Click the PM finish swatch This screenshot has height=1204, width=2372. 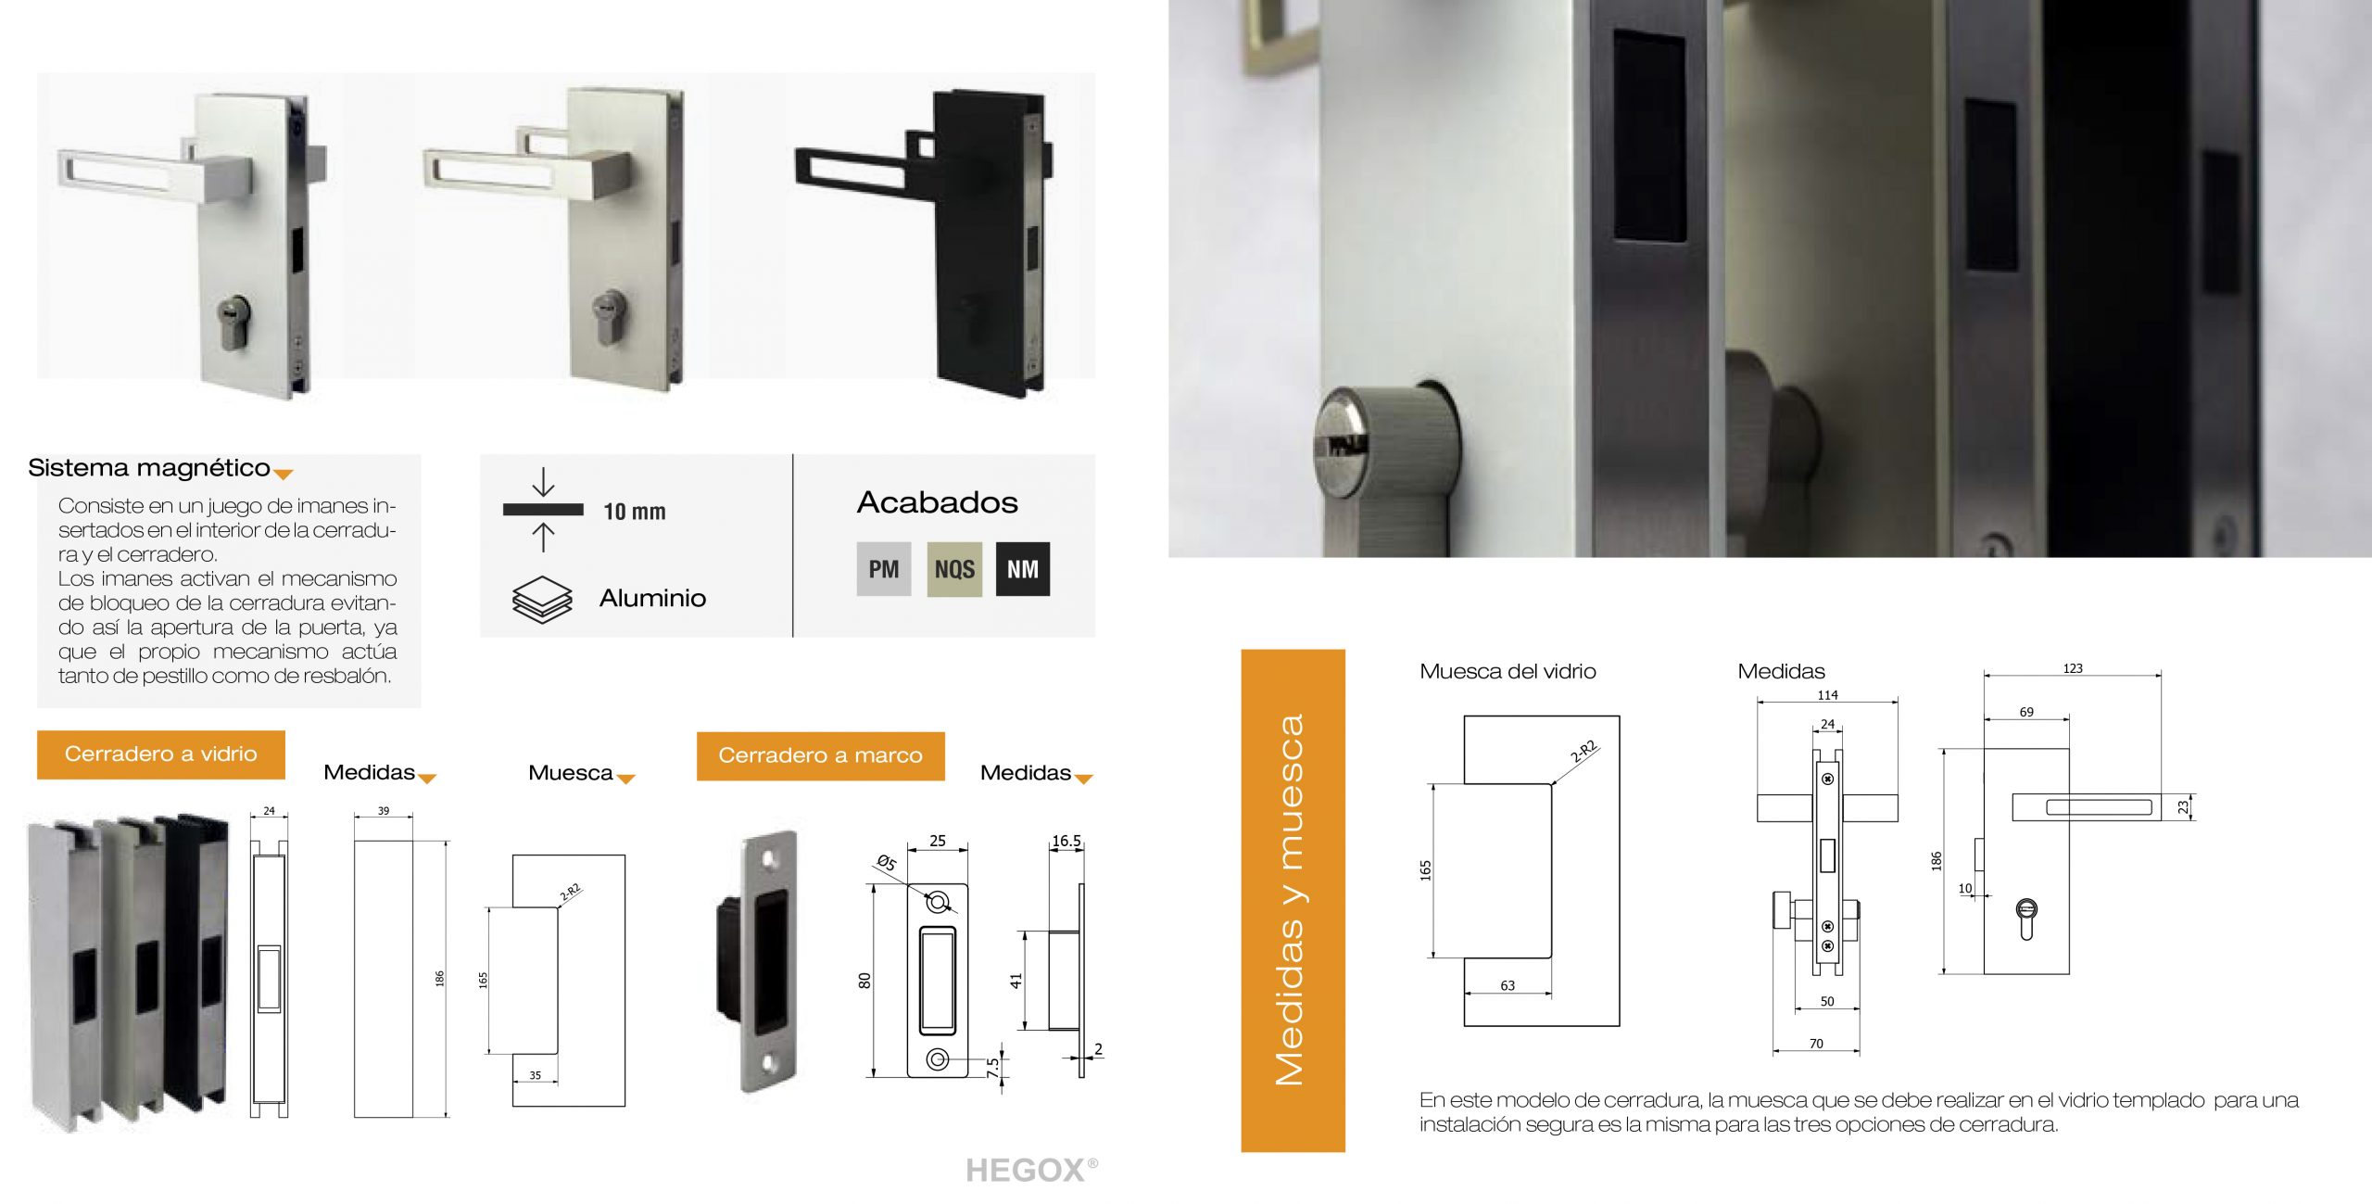(x=883, y=568)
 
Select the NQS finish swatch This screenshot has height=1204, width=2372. (x=954, y=568)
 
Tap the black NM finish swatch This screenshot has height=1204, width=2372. (x=1023, y=568)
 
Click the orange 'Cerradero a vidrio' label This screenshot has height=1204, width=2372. (x=161, y=754)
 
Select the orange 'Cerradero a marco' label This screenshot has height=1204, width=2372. (x=821, y=755)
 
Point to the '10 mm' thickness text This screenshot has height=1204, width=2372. (x=635, y=512)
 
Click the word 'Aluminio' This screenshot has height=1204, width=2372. (x=652, y=598)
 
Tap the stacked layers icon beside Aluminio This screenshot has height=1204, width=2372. (x=542, y=599)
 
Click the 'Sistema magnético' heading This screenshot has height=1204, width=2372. (x=149, y=467)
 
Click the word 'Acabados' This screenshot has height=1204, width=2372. (x=937, y=502)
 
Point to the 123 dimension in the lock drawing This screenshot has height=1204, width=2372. (x=2073, y=667)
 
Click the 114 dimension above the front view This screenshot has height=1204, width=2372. (x=1827, y=695)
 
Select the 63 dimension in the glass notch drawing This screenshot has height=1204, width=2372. (x=1508, y=985)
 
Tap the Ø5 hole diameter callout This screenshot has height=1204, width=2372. (x=887, y=863)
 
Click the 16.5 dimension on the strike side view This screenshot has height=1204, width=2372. (x=1066, y=841)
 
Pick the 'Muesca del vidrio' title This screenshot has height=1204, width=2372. (x=1508, y=671)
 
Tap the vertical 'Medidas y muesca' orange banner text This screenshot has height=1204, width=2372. (x=1290, y=900)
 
